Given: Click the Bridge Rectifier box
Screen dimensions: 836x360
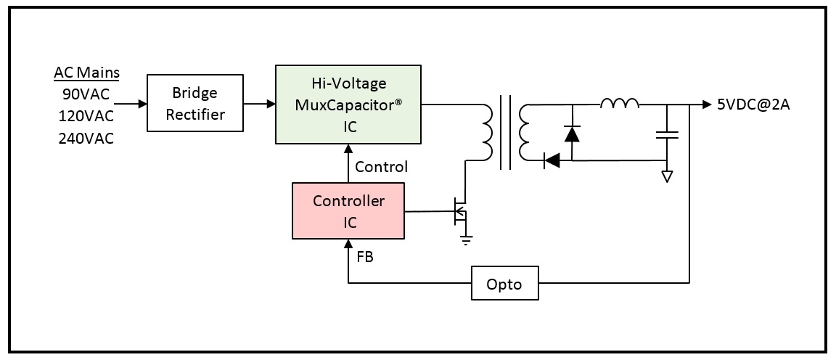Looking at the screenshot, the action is point(195,103).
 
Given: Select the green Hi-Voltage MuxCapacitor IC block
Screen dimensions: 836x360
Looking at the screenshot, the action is point(348,105).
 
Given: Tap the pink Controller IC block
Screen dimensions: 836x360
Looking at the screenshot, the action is point(348,210).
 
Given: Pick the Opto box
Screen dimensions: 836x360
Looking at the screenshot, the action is point(504,282).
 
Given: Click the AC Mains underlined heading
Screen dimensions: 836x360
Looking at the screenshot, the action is point(86,73).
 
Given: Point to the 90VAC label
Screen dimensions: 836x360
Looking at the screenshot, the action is point(86,94).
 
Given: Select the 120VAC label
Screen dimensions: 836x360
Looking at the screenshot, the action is point(86,116).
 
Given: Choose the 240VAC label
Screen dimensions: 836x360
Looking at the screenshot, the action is point(86,138).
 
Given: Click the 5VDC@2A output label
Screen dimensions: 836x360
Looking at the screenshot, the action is point(753,105).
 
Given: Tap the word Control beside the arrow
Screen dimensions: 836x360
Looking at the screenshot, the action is point(381,167).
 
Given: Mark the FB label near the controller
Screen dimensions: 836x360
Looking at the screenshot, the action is point(365,256).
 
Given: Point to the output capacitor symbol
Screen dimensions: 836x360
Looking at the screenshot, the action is point(666,134).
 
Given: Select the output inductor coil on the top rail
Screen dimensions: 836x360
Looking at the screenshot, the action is point(620,103).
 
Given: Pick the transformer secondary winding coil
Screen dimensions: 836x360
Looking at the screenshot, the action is point(525,132).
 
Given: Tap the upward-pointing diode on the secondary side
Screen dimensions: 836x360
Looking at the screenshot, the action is point(572,133).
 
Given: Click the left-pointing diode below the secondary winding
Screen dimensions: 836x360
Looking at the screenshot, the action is point(552,160).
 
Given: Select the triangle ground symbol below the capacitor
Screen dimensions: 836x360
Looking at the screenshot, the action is point(666,176).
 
